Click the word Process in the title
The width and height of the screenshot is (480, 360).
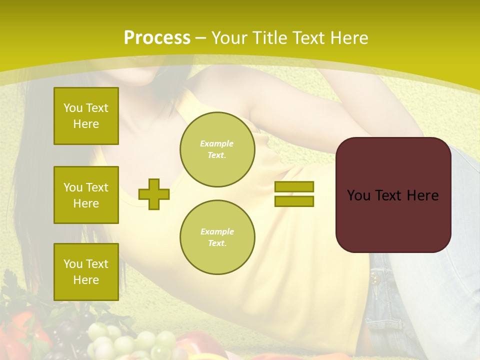click(x=157, y=38)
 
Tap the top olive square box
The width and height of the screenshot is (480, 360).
click(x=86, y=116)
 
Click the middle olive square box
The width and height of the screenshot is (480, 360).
click(x=86, y=195)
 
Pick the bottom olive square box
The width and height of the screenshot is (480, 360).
click(x=86, y=272)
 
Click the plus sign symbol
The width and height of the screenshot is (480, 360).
click(x=154, y=194)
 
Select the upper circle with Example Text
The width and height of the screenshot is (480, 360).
click(x=217, y=149)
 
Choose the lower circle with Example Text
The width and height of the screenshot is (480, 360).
click(x=217, y=237)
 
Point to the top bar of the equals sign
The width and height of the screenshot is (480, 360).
click(x=294, y=187)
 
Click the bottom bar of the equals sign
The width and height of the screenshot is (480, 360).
click(x=294, y=201)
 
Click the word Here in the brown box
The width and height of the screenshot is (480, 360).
click(x=422, y=195)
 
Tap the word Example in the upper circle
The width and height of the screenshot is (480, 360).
click(x=217, y=143)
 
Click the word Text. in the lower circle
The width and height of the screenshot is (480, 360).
click(x=217, y=243)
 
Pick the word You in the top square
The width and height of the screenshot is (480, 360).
click(x=72, y=108)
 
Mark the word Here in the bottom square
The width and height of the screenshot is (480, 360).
click(x=86, y=280)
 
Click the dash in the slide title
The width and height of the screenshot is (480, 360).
click(x=201, y=38)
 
